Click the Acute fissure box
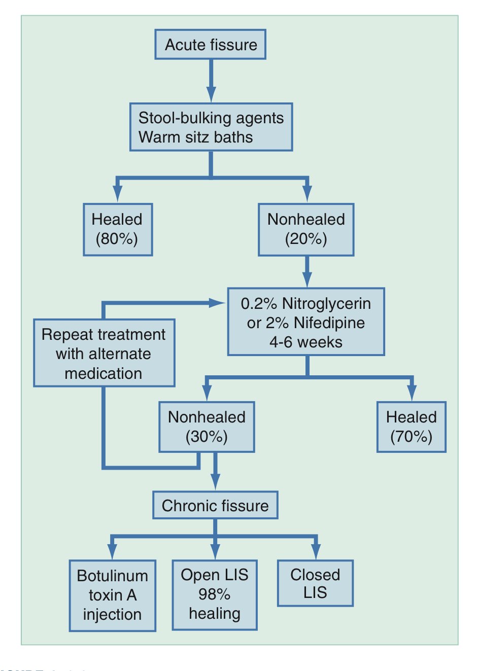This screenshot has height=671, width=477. tap(210, 44)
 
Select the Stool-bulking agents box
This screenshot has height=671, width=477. tap(211, 127)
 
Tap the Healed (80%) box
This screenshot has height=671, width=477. tap(118, 229)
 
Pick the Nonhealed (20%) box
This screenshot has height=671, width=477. tap(306, 229)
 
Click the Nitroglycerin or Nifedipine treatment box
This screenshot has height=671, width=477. tap(306, 322)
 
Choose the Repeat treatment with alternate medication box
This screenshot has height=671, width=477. tap(104, 353)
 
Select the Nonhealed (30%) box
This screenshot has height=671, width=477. tap(207, 427)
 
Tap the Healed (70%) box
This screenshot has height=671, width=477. tap(412, 427)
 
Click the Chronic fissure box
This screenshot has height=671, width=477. tap(215, 505)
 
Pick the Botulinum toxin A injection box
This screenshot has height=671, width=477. tap(112, 595)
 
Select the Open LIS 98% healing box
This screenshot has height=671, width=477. tap(215, 595)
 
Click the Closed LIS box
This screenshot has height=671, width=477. tap(315, 583)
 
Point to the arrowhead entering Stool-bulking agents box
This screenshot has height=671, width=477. tap(211, 94)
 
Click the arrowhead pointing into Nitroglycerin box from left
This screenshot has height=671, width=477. tap(218, 303)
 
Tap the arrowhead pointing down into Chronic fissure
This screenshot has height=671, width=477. tap(215, 482)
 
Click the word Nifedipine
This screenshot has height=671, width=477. tap(329, 323)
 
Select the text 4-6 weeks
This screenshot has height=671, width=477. tap(305, 342)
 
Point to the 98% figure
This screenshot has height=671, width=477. tap(214, 594)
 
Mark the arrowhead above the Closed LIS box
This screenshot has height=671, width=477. tap(316, 551)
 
